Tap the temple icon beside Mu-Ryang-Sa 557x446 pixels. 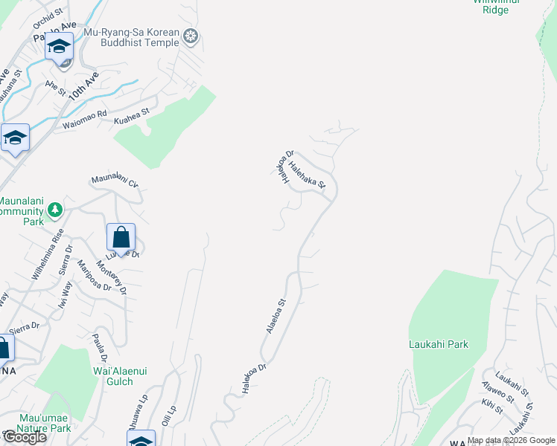click(191, 36)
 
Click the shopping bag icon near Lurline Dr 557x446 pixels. click(121, 239)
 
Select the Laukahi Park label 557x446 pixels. click(439, 344)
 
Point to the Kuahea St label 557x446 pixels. click(132, 116)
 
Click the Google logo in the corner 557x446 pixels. click(24, 437)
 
